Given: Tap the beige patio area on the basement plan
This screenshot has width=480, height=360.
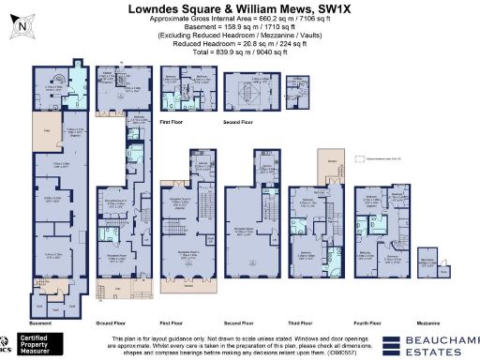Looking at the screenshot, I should click(x=42, y=131).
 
